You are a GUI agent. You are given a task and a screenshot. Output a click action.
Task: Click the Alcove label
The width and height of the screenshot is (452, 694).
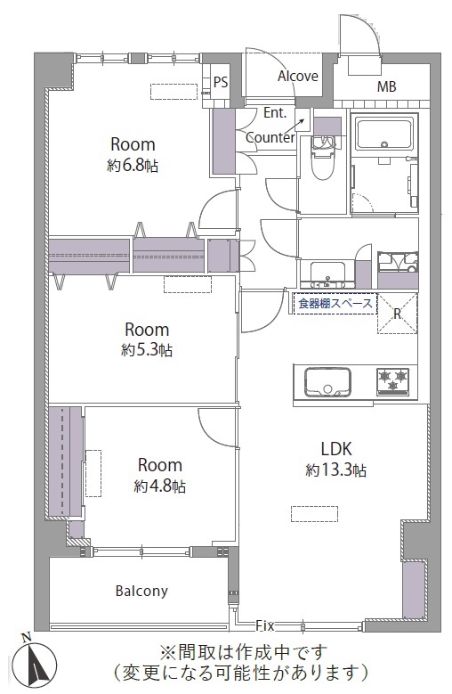click(x=298, y=76)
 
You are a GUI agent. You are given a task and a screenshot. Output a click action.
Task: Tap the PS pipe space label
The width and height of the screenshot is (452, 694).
click(x=221, y=82)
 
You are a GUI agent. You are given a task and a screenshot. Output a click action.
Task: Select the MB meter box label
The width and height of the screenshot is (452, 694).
click(x=386, y=86)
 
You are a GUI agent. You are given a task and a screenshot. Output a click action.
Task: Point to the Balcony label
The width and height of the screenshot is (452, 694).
click(x=141, y=591)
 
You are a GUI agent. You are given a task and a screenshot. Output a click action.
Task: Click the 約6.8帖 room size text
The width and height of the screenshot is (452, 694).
click(x=133, y=166)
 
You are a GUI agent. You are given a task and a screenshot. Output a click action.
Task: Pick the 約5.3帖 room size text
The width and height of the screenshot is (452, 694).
click(x=147, y=350)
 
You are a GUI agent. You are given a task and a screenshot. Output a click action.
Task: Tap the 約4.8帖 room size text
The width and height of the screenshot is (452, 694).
click(x=159, y=486)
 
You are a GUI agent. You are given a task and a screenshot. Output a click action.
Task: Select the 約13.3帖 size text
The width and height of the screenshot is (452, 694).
click(x=335, y=470)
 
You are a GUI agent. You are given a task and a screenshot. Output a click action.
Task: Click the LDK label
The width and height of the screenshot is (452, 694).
click(x=335, y=449)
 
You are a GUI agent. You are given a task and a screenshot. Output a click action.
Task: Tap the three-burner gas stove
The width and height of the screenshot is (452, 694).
click(x=392, y=381)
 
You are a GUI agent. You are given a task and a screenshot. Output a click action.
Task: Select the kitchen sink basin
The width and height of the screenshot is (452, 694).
click(x=327, y=383)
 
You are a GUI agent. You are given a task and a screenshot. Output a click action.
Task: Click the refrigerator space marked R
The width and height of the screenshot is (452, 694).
click(x=397, y=314)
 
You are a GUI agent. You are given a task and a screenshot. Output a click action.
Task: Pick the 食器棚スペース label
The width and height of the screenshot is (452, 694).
click(x=335, y=304)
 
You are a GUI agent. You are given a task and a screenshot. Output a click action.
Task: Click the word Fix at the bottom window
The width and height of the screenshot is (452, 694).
click(x=265, y=625)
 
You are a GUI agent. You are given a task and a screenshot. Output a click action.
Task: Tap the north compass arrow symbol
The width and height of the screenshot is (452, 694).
click(x=35, y=661)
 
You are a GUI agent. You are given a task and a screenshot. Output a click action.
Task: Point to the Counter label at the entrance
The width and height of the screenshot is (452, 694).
click(x=270, y=138)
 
